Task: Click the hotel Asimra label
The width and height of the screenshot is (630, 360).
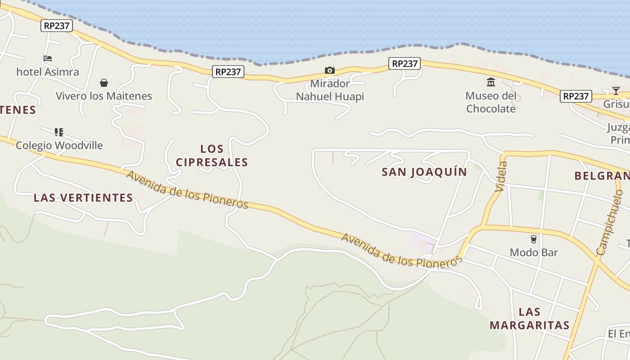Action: pyautogui.click(x=48, y=72)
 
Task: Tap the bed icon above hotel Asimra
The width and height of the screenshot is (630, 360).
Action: pyautogui.click(x=48, y=58)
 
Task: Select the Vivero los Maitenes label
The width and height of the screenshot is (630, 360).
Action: pyautogui.click(x=104, y=96)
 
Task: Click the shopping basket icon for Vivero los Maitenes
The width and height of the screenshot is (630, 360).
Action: pyautogui.click(x=104, y=83)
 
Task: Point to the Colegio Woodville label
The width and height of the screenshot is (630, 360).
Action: pyautogui.click(x=59, y=145)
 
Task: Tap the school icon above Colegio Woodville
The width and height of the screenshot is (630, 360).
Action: pyautogui.click(x=59, y=132)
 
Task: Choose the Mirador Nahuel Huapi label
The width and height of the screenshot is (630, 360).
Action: pyautogui.click(x=330, y=90)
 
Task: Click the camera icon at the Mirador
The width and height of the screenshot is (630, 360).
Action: pyautogui.click(x=330, y=71)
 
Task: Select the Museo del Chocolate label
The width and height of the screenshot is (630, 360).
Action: pyautogui.click(x=491, y=102)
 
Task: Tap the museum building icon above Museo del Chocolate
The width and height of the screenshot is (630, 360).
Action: pyautogui.click(x=491, y=82)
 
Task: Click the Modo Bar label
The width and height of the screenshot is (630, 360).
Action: pyautogui.click(x=534, y=252)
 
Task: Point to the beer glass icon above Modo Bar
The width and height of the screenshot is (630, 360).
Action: pyautogui.click(x=534, y=239)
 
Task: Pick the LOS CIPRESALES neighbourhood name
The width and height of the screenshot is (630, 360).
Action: pyautogui.click(x=212, y=155)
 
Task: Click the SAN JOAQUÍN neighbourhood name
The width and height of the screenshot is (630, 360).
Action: pyautogui.click(x=424, y=172)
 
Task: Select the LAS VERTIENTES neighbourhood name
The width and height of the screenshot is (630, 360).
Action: pyautogui.click(x=83, y=198)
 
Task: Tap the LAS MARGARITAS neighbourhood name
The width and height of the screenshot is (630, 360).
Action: pyautogui.click(x=530, y=318)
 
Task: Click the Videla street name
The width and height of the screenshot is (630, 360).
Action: pyautogui.click(x=501, y=177)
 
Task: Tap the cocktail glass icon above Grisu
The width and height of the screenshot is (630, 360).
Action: pyautogui.click(x=616, y=91)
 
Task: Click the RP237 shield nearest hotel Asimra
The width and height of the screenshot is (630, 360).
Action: pyautogui.click(x=57, y=26)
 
